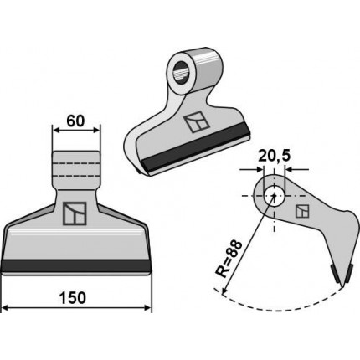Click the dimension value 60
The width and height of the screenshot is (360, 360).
tap(75, 121)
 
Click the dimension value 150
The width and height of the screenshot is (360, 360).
tap(73, 298)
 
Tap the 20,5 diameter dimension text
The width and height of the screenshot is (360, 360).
tap(274, 156)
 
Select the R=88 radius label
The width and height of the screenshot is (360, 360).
tap(229, 259)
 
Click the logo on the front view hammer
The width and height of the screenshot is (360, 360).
tap(75, 213)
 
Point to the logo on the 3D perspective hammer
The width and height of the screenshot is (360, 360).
tap(197, 122)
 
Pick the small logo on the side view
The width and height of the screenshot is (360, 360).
tap(302, 211)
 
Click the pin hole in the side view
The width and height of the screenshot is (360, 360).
tap(275, 195)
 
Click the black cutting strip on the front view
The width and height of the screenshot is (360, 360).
tap(76, 265)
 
